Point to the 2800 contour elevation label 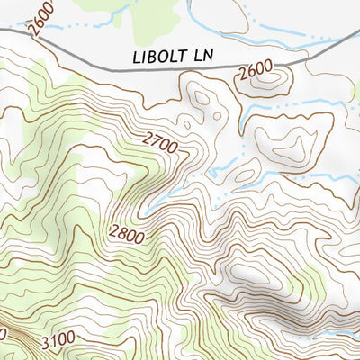pos(126,231)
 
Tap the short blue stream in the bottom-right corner pos(344,334)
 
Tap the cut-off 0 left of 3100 pos(3,333)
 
